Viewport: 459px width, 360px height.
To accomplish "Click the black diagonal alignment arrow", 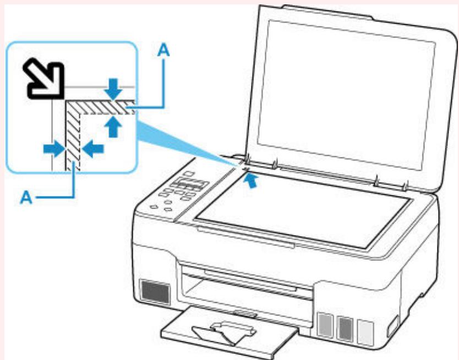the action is click(44, 78).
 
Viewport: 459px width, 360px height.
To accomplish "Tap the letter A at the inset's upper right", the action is click(163, 50).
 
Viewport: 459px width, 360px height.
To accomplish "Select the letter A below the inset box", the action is click(26, 198).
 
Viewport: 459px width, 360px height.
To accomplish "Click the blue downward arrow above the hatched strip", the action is click(114, 89).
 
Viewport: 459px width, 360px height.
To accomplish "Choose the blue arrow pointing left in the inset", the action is click(93, 149).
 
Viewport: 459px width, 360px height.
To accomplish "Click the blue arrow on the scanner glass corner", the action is click(250, 181).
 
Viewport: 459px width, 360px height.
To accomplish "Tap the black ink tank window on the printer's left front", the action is click(155, 292).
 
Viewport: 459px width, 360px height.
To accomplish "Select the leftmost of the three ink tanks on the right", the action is click(325, 325).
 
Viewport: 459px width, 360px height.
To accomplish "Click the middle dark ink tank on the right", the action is click(345, 329).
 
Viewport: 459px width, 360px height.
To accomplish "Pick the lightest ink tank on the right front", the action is click(365, 331).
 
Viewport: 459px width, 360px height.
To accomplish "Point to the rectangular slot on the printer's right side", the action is click(392, 326).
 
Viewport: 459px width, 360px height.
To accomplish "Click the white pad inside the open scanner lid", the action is click(346, 95).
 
